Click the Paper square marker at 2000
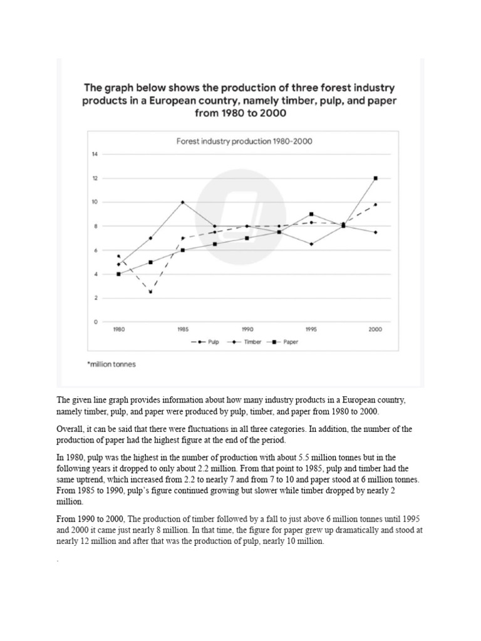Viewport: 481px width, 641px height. (375, 178)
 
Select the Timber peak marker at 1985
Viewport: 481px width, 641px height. (182, 202)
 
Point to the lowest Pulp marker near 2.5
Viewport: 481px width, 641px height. (150, 292)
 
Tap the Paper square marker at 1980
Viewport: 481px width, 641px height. (118, 274)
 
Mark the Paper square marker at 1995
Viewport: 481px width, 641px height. (311, 214)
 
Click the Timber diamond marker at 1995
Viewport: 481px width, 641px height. (311, 244)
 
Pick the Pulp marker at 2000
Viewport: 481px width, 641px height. (375, 205)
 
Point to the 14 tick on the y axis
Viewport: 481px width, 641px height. (95, 154)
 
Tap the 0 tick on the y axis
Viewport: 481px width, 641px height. (95, 322)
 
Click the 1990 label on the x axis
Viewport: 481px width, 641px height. (247, 329)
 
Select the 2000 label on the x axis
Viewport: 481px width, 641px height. (375, 329)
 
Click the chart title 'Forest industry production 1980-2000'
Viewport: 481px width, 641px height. (244, 141)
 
